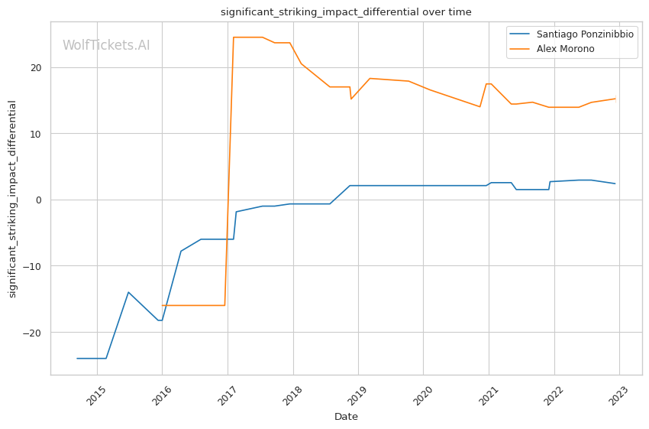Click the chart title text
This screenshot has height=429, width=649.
tap(346, 12)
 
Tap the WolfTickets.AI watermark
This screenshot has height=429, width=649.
tap(106, 46)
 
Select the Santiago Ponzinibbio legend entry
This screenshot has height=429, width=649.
tap(584, 34)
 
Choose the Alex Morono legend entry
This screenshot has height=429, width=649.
tap(565, 49)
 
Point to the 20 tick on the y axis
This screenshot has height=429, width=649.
tap(36, 67)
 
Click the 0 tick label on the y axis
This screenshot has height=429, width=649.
tap(39, 200)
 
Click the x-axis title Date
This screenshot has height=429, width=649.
tap(346, 417)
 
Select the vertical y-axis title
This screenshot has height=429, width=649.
tap(12, 199)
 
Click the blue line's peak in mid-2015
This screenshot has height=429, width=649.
tap(128, 292)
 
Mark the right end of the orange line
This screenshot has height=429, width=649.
tap(615, 99)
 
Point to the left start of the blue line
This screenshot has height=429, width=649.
tap(77, 358)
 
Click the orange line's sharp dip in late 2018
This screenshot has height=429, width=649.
tap(351, 99)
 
